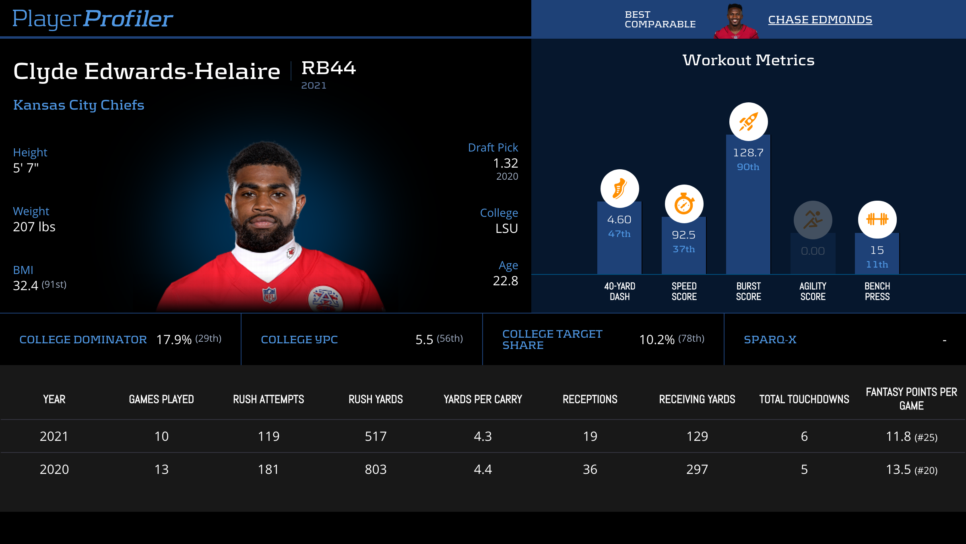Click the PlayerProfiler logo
pos(93,19)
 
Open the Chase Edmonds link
pos(820,20)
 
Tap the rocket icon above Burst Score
pos(748,122)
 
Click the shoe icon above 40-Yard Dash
pos(619,189)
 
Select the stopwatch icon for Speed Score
pos(684,204)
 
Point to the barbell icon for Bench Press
pos(877,220)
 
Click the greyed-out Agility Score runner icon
pos(813,220)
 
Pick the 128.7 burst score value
pos(748,153)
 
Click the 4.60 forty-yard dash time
pos(619,220)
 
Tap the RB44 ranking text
pos(328,68)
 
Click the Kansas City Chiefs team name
pos(79,105)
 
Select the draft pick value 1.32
pos(505,163)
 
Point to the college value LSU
pos(506,228)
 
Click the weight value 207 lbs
pos(34,227)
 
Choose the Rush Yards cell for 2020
pos(376,469)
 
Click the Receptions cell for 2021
pos(590,436)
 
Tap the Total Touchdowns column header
pos(804,399)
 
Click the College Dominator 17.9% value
pos(174,340)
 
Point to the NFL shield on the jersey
pos(269,295)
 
